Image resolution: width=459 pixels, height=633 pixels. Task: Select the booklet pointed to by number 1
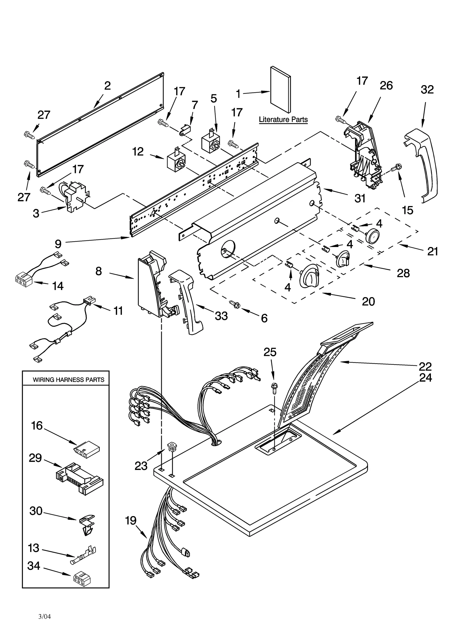click(x=280, y=89)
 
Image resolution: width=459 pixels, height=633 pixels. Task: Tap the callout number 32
click(x=427, y=90)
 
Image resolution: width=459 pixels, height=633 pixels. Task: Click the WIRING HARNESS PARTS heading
click(x=68, y=380)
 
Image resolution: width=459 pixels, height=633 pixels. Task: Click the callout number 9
click(x=58, y=244)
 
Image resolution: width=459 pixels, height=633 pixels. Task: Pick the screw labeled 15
click(x=398, y=166)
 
